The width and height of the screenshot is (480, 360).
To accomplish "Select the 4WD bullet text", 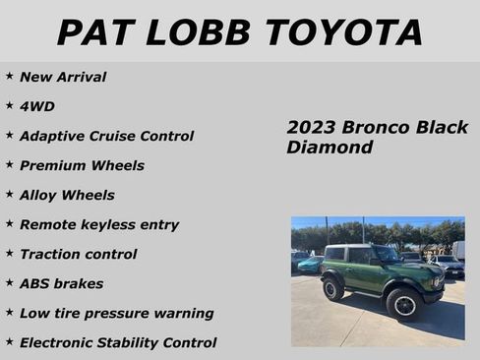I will tap(37, 106).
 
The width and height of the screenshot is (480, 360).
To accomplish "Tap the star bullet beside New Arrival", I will tap(9, 76).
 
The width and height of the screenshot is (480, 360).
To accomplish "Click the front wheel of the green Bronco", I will tap(403, 304).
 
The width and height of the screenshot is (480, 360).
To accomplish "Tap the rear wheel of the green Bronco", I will tap(334, 288).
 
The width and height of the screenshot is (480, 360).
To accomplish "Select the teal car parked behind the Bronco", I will tap(310, 264).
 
